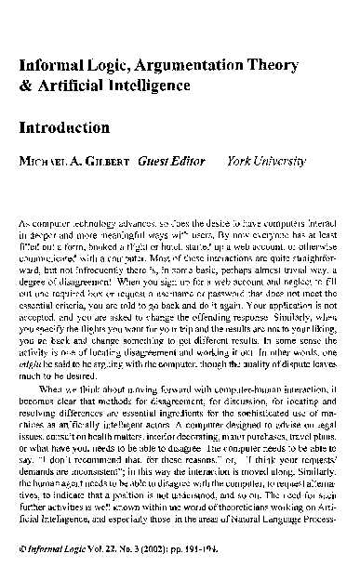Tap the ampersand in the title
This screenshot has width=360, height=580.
[24, 86]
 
